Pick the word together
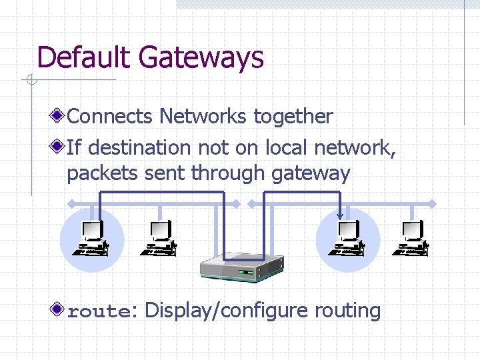coord(293,117)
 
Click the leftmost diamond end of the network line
coord(69,203)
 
